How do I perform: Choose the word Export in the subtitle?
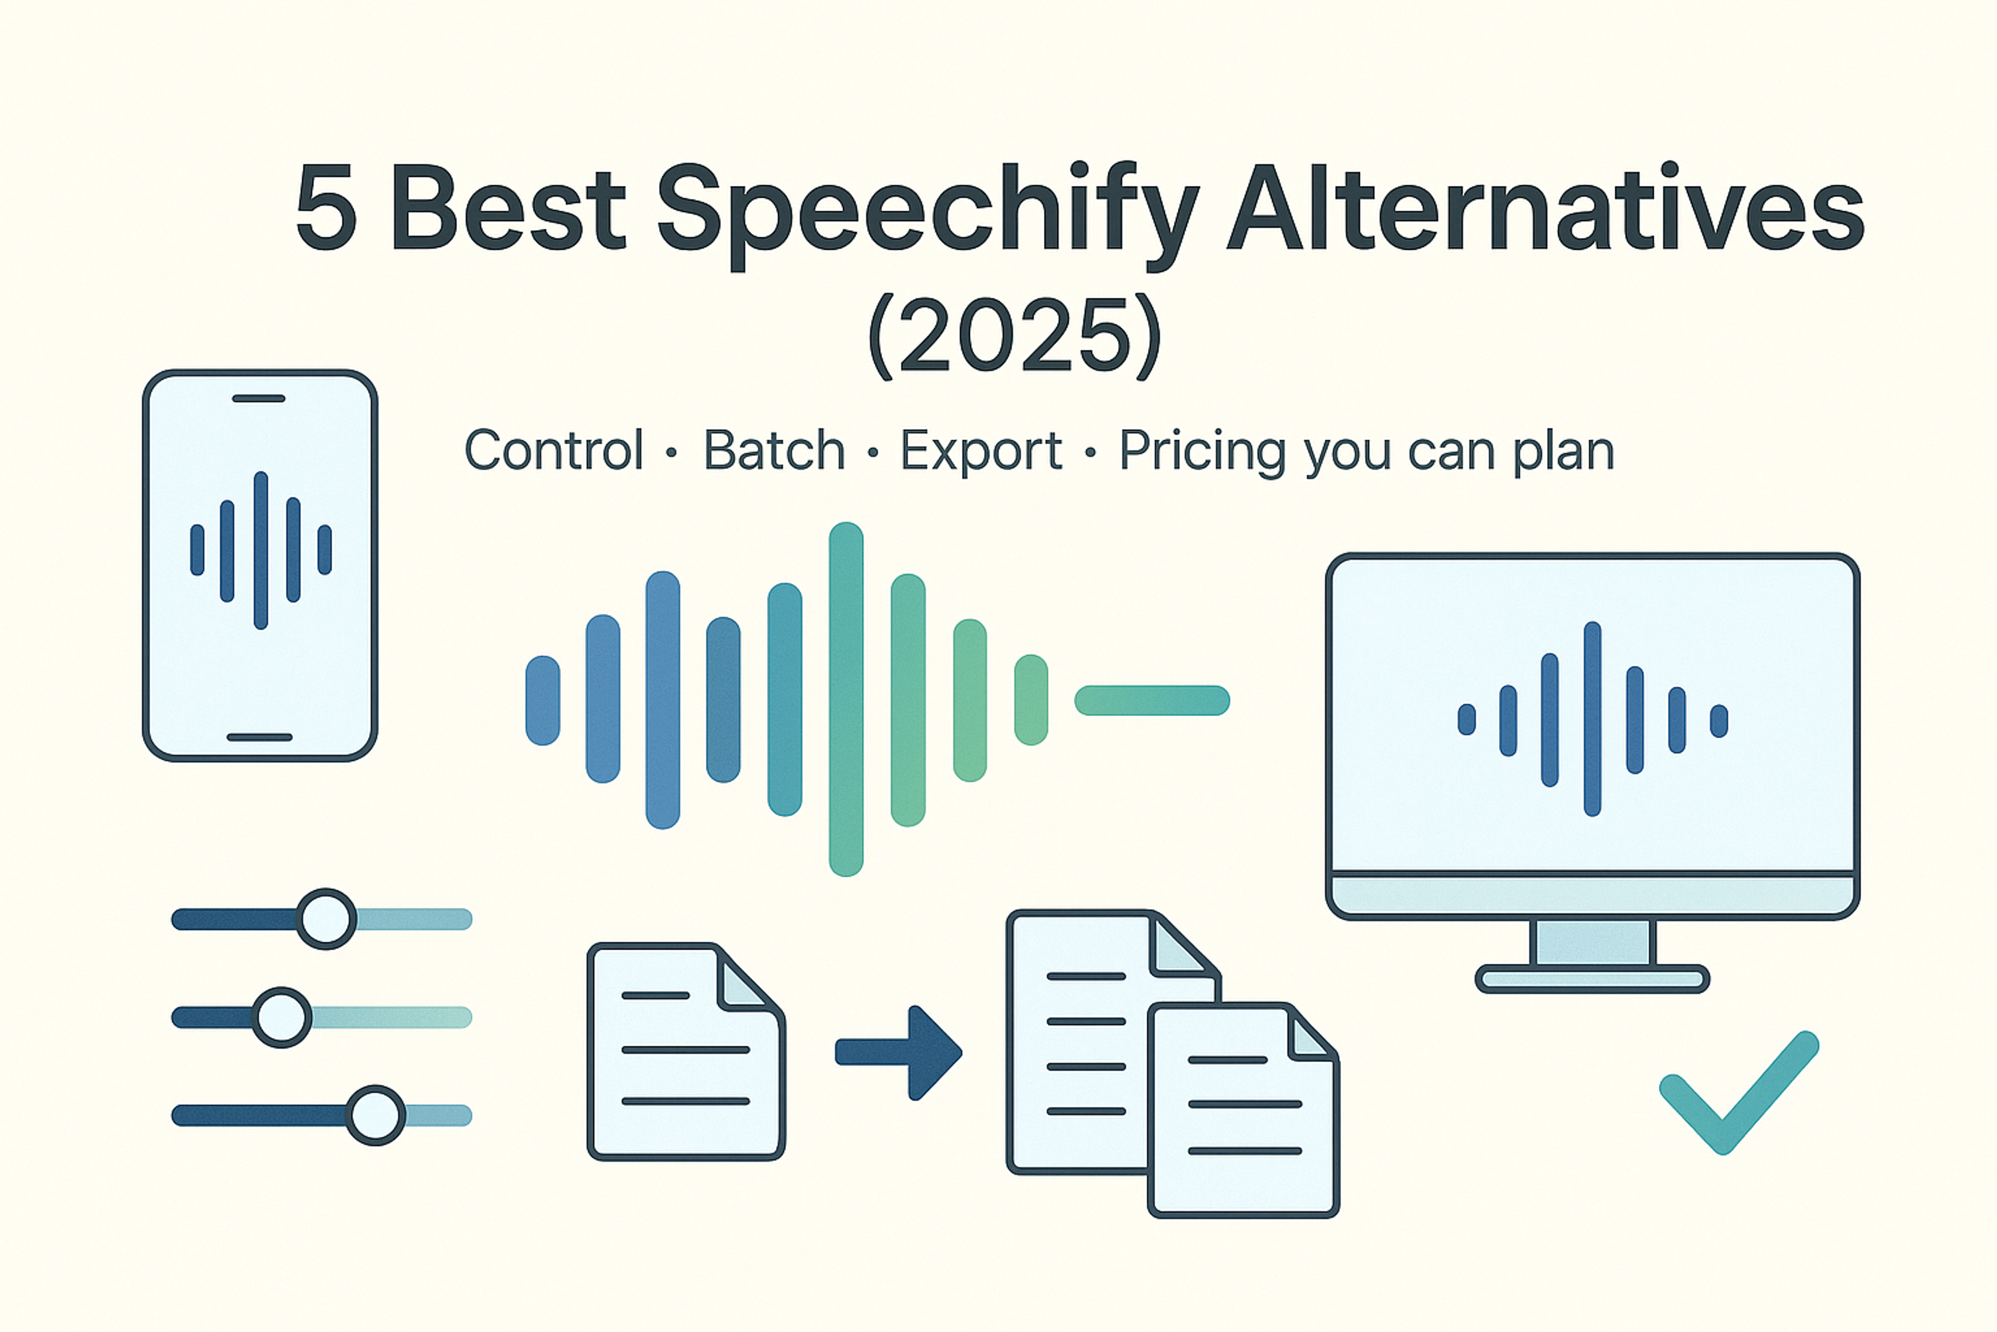click(981, 450)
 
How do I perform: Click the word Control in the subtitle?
click(553, 450)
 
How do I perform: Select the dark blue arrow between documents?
click(900, 1053)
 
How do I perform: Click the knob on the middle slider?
click(282, 1017)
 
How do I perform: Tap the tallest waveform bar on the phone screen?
click(261, 550)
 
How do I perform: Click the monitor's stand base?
click(1592, 979)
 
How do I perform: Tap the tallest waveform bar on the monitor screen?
click(1592, 719)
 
